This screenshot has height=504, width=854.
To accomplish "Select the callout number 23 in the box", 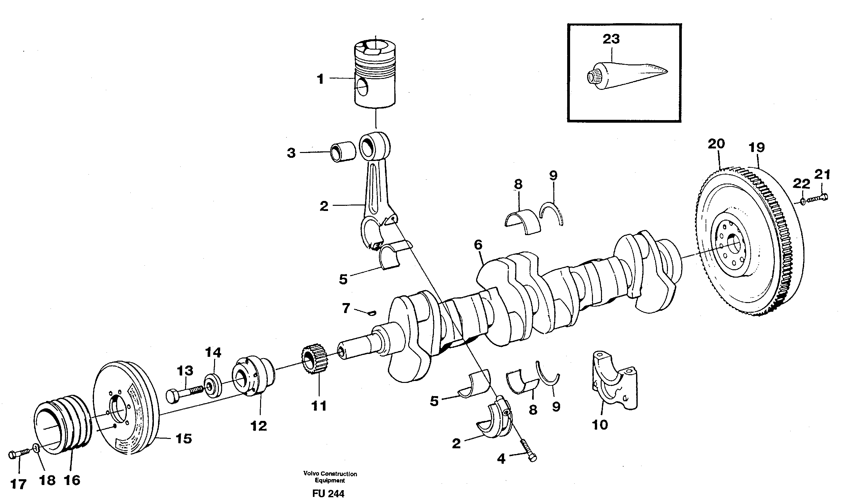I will [x=611, y=39].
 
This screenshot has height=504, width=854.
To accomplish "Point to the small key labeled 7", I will [x=372, y=313].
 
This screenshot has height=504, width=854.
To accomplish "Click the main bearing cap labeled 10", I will [x=615, y=384].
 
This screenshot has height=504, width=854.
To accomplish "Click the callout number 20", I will [x=716, y=144].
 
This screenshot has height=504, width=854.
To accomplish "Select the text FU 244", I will [x=328, y=493].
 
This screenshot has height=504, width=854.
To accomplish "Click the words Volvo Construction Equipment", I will [x=330, y=477].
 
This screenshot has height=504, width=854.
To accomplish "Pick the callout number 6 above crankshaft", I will [x=478, y=244].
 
